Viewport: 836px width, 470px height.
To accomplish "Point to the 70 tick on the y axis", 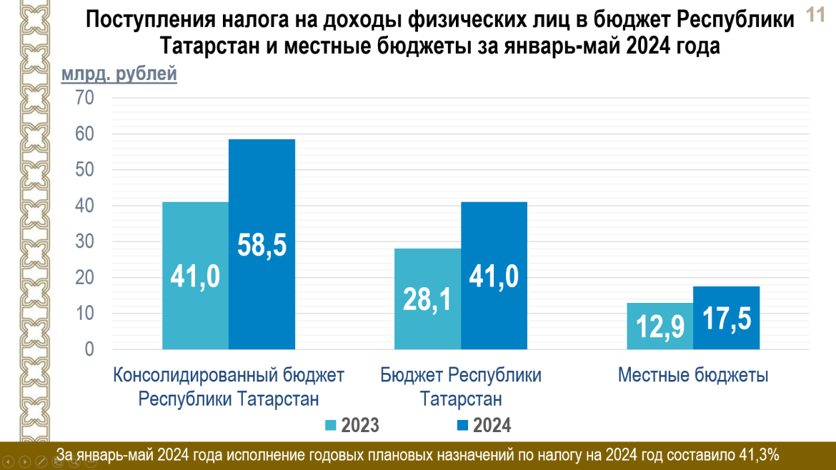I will pos(85,98).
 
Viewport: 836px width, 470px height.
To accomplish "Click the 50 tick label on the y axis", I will pos(85,170).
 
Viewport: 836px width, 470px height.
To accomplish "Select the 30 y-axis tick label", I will pos(85,242).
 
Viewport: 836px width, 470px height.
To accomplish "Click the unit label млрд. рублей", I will pos(119,74).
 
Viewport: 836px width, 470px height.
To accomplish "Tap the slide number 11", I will pos(815,15).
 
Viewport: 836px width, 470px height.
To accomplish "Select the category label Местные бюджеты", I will pos(693,375).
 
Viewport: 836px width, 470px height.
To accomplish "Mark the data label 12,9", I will pos(660,327).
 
